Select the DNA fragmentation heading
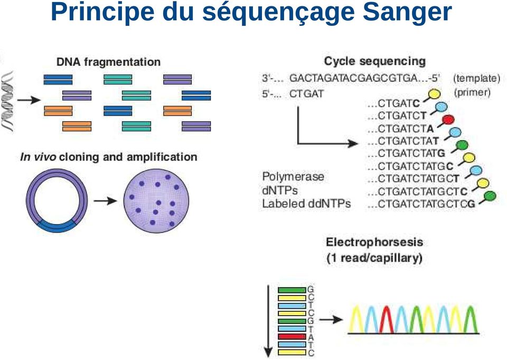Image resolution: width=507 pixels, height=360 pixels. [108, 62]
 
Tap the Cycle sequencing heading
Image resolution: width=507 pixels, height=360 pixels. [374, 61]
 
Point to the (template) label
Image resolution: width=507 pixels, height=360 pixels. [476, 78]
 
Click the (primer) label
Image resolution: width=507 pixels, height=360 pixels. [472, 93]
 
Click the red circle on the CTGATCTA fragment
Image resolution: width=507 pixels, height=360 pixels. [448, 119]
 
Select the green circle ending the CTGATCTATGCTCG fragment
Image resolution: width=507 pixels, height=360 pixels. [490, 196]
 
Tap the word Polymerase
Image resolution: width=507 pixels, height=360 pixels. [293, 177]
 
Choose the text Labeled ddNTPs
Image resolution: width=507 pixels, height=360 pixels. [306, 204]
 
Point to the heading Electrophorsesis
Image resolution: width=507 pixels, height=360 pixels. [374, 243]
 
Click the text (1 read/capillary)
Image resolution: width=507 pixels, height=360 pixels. [374, 258]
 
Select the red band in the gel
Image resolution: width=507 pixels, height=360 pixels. [292, 336]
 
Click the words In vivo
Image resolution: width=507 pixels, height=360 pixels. [37, 157]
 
